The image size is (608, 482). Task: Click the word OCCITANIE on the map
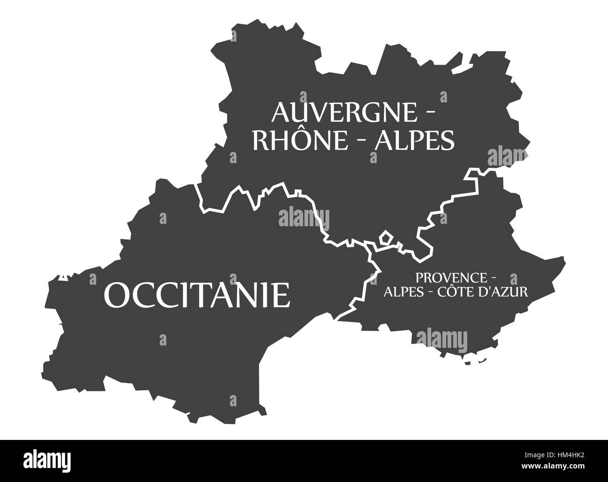click(x=196, y=294)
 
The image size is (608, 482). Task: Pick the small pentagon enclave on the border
click(x=386, y=237)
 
